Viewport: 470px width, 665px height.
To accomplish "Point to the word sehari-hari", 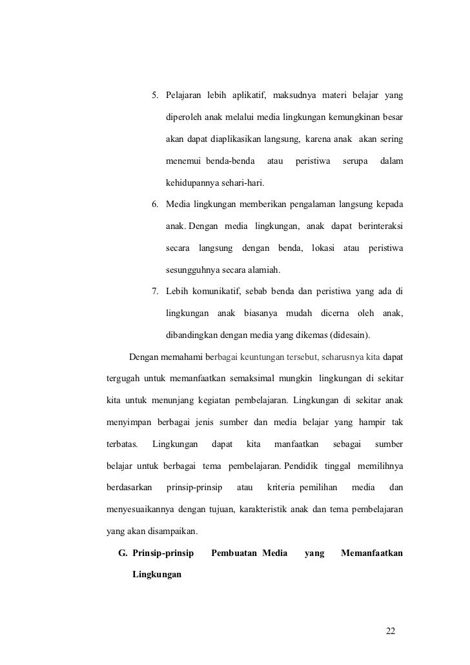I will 233,183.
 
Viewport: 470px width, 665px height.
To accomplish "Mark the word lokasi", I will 326,249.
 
